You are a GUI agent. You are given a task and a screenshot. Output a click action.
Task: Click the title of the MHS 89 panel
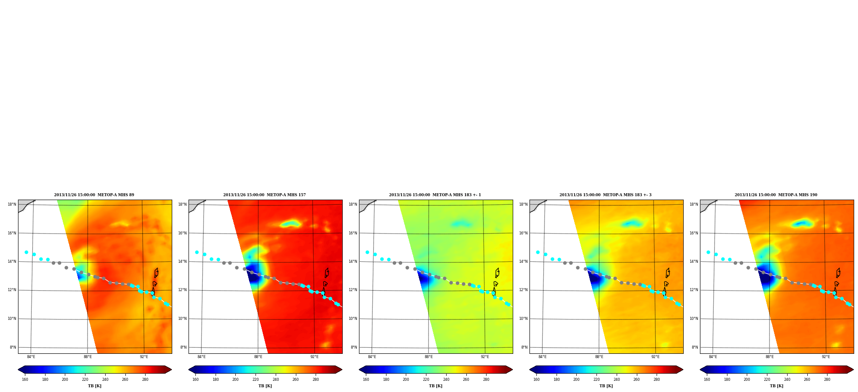(94, 195)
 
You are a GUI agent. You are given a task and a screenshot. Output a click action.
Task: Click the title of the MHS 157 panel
(265, 195)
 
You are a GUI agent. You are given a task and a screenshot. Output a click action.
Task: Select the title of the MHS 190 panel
(776, 195)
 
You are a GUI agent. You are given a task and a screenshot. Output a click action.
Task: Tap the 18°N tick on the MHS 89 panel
(12, 204)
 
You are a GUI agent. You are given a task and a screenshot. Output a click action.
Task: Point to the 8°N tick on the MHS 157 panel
(183, 347)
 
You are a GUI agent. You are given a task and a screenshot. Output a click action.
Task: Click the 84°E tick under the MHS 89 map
(31, 357)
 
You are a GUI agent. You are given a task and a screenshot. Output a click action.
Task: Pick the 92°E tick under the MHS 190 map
(826, 357)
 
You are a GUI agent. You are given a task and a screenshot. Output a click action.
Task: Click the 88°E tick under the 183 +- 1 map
(429, 357)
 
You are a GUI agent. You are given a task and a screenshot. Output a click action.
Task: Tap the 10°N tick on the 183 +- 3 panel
(523, 319)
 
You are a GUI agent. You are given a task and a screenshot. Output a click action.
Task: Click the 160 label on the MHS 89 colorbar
(25, 379)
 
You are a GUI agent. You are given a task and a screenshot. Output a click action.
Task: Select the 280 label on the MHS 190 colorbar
(827, 379)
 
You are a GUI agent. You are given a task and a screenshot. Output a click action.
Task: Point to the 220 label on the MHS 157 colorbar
(256, 379)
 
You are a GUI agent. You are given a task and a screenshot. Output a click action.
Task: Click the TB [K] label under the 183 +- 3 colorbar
(606, 386)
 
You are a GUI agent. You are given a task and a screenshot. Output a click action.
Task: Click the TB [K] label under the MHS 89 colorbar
(95, 386)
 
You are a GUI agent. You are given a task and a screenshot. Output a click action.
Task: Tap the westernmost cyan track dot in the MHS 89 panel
(26, 252)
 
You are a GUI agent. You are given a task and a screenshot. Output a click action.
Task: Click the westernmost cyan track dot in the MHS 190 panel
(708, 252)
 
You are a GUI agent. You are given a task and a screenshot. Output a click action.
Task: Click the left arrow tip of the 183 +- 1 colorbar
(359, 370)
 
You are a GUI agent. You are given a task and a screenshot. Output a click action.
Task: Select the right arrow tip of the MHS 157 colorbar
(342, 370)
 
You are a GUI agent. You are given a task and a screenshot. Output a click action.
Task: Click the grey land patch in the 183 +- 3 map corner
(535, 205)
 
